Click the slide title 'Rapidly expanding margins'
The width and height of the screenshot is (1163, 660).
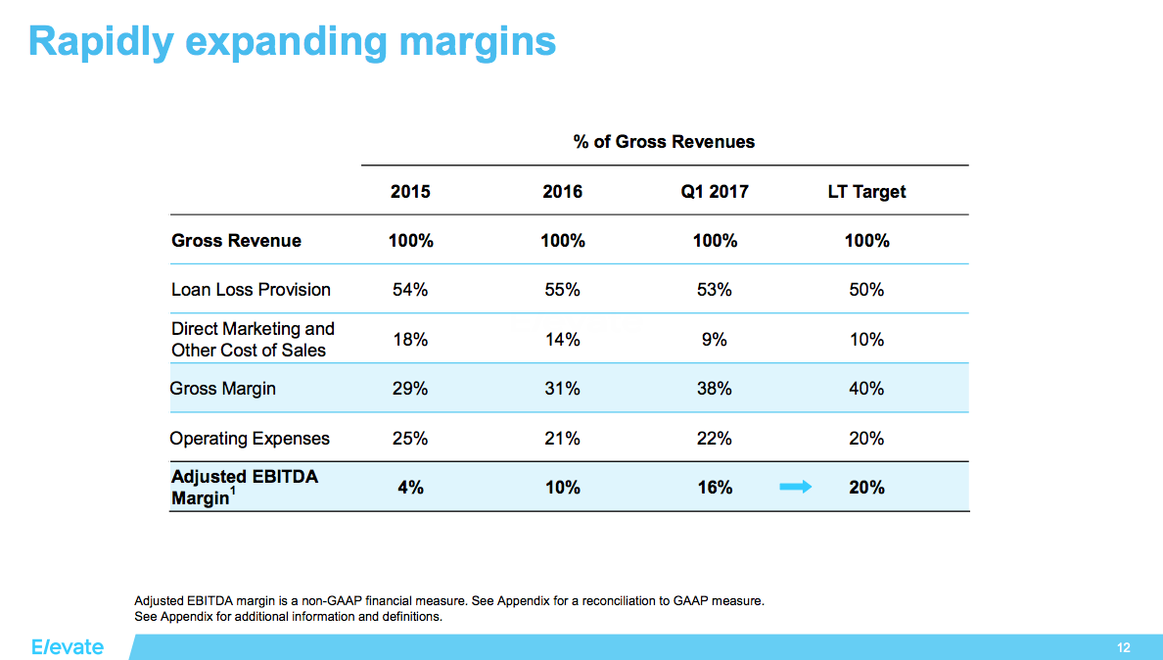292,41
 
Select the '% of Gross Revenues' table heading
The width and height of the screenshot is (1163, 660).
664,142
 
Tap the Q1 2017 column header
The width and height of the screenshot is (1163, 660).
715,192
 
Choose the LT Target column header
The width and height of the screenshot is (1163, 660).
866,192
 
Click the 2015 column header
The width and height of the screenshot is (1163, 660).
410,192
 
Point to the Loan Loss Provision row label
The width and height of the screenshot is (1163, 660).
251,290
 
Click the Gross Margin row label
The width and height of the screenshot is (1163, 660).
223,389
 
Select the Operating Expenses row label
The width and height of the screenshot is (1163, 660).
250,439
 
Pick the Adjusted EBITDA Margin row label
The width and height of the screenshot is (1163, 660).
245,487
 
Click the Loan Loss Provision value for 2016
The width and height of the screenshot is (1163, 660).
562,290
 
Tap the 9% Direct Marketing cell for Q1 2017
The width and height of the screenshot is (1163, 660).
715,340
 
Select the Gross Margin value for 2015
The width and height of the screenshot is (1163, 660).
410,389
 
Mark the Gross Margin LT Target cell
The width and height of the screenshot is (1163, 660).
866,389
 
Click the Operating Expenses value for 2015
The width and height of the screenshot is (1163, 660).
410,439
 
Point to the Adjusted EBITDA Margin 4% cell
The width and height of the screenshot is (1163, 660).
410,488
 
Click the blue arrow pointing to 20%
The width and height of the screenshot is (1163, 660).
795,487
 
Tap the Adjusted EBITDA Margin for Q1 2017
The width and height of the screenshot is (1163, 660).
715,488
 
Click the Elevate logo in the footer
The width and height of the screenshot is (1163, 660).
67,647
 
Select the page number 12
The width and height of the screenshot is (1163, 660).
1123,648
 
